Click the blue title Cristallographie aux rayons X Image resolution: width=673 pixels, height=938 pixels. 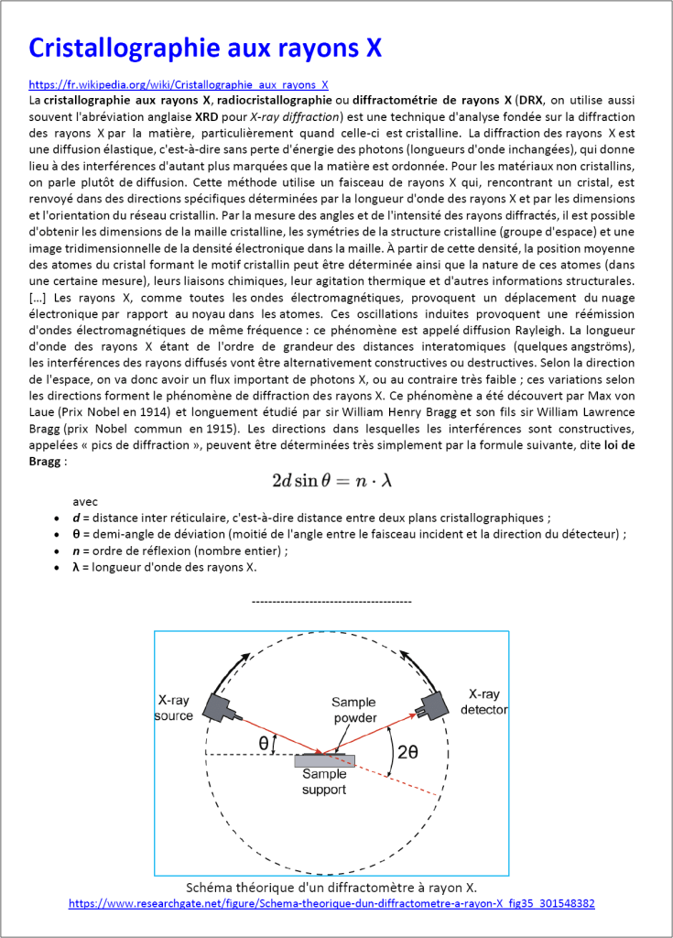(x=205, y=48)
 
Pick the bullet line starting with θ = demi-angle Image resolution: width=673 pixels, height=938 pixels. (x=349, y=534)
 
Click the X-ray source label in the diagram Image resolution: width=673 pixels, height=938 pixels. (x=174, y=707)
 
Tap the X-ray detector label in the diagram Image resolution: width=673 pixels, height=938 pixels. (x=484, y=702)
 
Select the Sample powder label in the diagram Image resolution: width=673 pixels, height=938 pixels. (x=353, y=710)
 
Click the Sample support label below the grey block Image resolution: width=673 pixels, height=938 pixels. (x=324, y=781)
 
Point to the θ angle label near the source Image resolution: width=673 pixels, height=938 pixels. (x=264, y=743)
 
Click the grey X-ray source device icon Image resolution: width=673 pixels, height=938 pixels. (x=223, y=706)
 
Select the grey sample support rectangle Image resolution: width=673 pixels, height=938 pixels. (x=324, y=760)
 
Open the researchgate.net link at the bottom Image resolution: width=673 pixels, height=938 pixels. (x=331, y=903)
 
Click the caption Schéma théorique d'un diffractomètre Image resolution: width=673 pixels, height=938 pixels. (x=331, y=888)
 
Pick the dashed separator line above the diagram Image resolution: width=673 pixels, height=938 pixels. (x=331, y=601)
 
